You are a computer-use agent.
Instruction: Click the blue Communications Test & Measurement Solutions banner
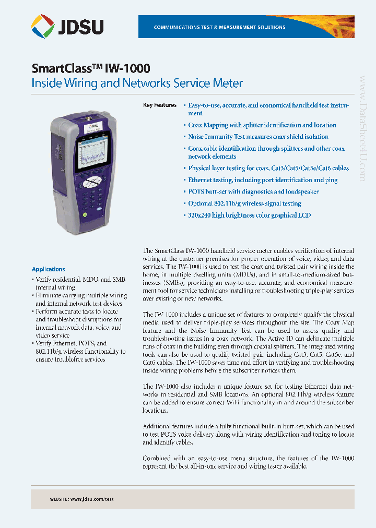pyautogui.click(x=246, y=27)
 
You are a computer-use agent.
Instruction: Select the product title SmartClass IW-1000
pyautogui.click(x=91, y=68)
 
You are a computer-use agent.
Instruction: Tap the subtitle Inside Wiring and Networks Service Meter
pyautogui.click(x=137, y=83)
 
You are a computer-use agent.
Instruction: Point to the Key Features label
pyautogui.click(x=160, y=105)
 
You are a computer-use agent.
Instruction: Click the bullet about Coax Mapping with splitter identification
pyautogui.click(x=262, y=125)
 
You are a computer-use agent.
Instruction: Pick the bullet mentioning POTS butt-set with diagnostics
pyautogui.click(x=253, y=191)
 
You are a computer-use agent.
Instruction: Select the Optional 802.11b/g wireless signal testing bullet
pyautogui.click(x=244, y=203)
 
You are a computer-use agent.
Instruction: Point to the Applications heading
pyautogui.click(x=49, y=269)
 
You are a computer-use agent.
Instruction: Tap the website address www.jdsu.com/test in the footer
pyautogui.click(x=91, y=499)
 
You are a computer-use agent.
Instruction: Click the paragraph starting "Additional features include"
pyautogui.click(x=248, y=434)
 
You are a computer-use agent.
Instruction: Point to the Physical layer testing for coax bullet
pyautogui.click(x=268, y=169)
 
